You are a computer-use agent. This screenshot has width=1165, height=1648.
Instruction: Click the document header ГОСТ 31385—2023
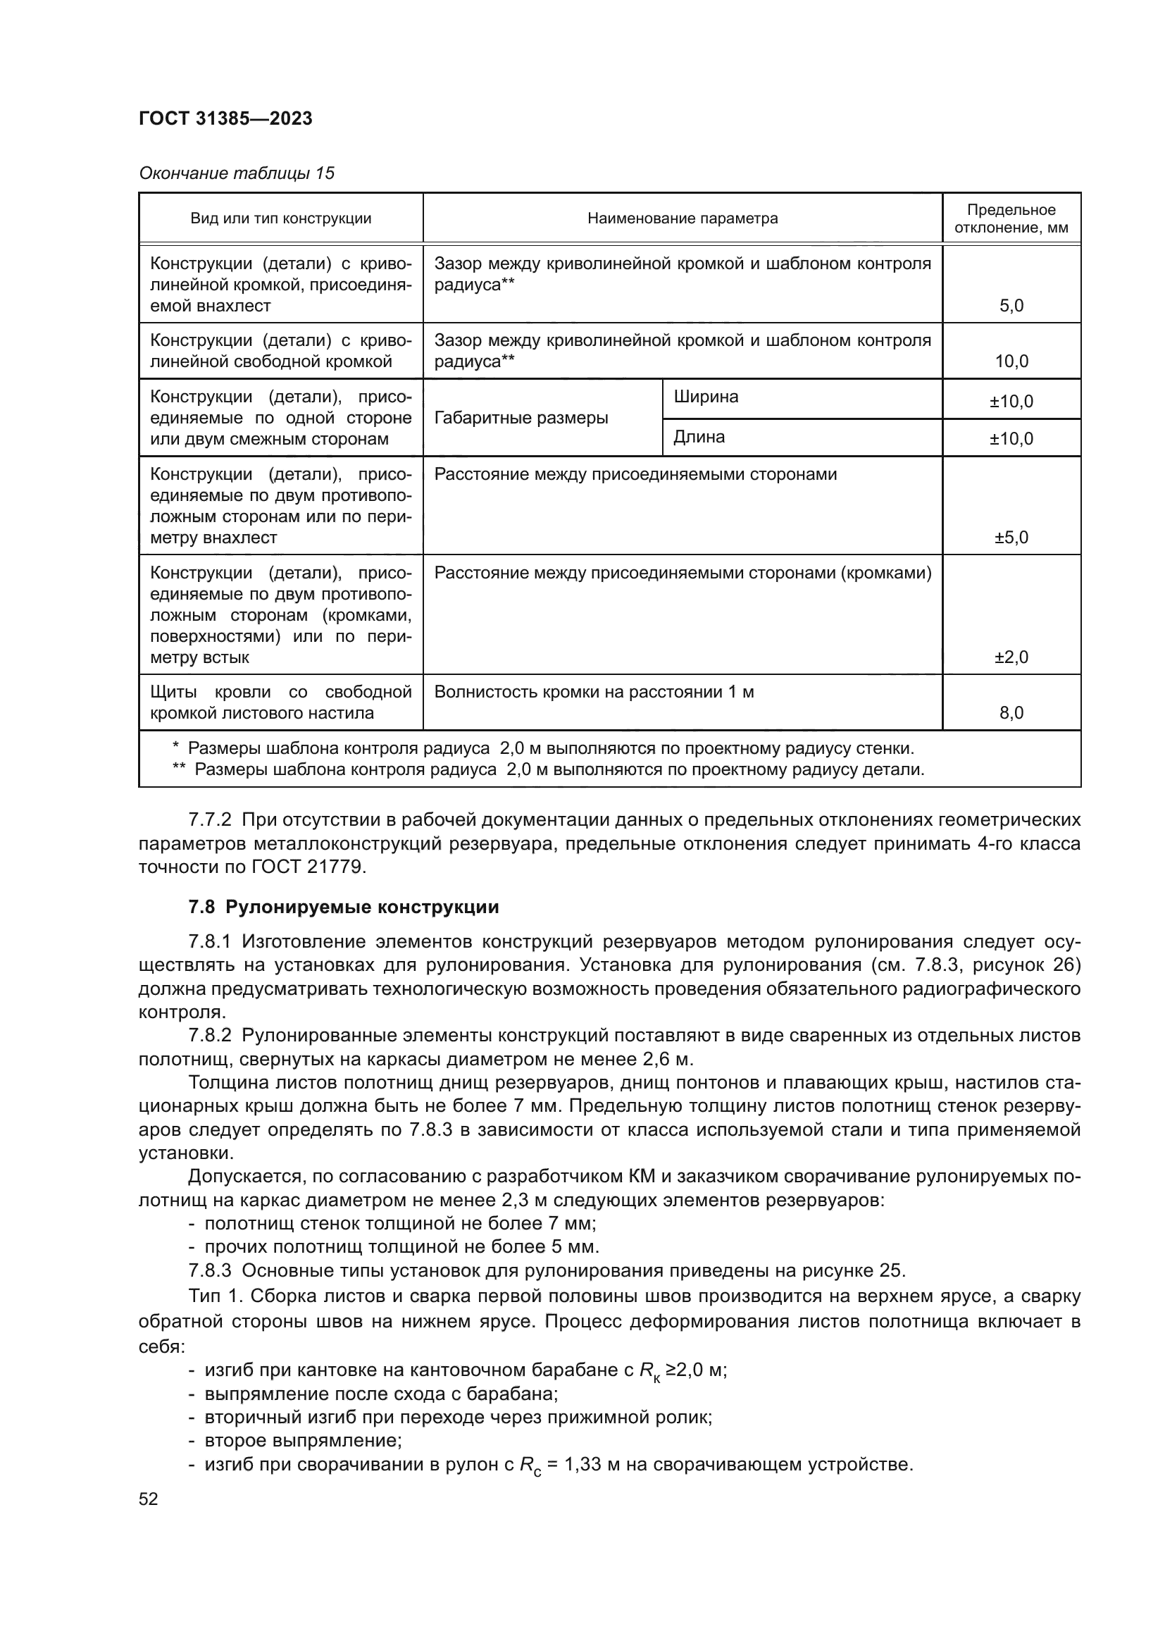click(x=225, y=118)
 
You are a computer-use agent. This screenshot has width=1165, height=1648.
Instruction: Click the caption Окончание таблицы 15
click(x=236, y=173)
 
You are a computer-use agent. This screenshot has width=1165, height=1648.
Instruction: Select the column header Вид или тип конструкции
click(x=280, y=218)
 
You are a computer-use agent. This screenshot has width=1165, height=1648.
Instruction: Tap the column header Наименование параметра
click(x=683, y=218)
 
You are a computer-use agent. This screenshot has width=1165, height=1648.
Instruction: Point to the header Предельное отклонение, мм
click(x=1011, y=218)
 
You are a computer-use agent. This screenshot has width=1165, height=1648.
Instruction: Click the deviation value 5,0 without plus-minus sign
click(x=1011, y=306)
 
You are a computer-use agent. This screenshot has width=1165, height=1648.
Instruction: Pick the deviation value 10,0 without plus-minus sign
click(x=1011, y=361)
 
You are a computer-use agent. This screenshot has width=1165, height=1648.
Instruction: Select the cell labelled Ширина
click(x=706, y=397)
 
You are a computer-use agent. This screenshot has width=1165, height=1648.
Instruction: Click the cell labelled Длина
click(x=699, y=437)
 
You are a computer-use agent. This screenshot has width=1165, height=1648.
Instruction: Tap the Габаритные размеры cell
click(x=521, y=418)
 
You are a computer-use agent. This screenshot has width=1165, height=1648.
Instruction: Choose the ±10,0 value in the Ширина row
click(x=1011, y=401)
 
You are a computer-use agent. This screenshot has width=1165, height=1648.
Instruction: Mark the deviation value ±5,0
click(x=1011, y=538)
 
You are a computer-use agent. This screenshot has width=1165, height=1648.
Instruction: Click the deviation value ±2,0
click(x=1011, y=657)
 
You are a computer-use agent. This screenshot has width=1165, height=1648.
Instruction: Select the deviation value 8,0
click(x=1011, y=713)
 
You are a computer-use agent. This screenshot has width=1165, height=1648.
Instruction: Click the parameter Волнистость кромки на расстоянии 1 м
click(x=594, y=692)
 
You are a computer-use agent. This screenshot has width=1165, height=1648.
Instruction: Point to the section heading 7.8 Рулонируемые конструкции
click(x=344, y=907)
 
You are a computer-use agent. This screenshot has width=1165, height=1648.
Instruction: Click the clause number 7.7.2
click(x=209, y=819)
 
